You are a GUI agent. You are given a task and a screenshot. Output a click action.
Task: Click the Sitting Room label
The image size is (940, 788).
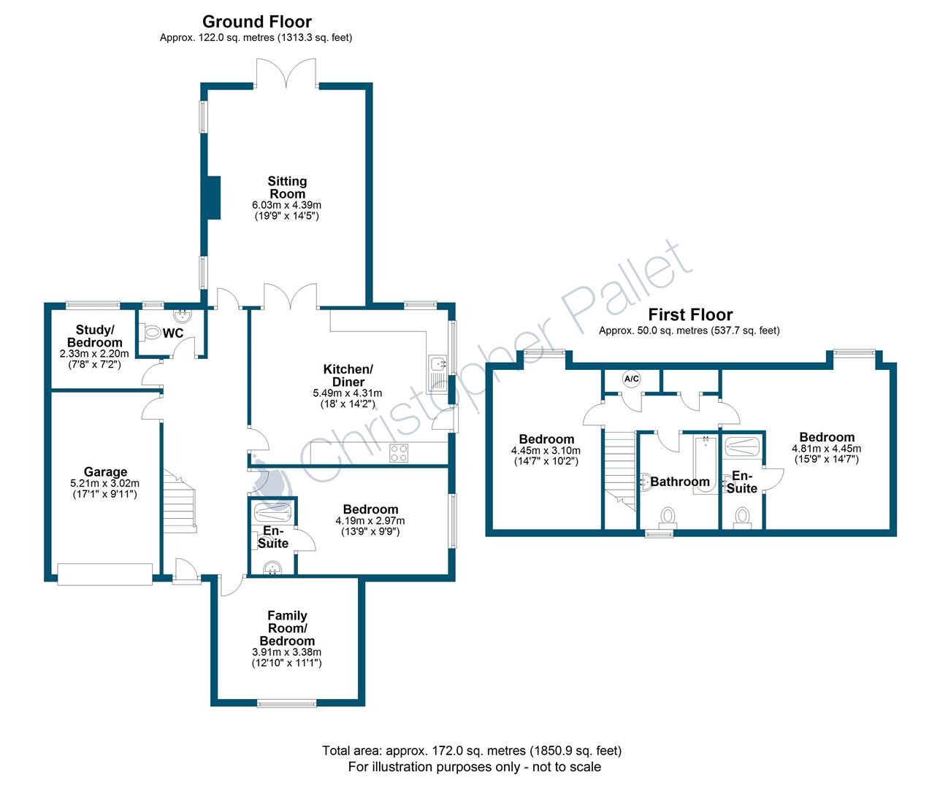(287, 188)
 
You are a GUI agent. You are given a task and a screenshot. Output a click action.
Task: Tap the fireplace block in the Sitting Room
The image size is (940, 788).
(212, 197)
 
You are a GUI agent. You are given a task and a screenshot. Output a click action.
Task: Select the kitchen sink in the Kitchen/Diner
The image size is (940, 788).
(438, 363)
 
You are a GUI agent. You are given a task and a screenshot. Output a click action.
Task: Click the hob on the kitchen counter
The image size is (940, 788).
(399, 452)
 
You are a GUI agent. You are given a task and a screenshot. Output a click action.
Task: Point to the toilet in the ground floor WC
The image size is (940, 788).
(151, 332)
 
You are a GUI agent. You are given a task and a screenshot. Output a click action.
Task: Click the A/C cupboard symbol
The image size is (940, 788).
(631, 379)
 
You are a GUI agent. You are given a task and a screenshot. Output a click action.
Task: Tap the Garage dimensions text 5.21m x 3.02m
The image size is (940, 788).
(104, 483)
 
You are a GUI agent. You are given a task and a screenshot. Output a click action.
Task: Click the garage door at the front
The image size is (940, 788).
(105, 573)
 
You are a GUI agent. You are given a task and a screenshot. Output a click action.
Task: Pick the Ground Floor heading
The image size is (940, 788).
(256, 22)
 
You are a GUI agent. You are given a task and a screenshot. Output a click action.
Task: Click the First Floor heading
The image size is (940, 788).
(690, 314)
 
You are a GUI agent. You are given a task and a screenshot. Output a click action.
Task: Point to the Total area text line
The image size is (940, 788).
(472, 750)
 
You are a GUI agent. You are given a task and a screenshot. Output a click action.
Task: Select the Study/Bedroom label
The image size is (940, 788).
(94, 336)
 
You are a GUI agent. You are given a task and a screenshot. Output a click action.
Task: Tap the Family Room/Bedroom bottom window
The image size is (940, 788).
(286, 703)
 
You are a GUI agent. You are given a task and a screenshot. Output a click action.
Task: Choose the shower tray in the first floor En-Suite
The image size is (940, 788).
(742, 446)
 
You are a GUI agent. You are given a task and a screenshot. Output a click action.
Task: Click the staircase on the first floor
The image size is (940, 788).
(619, 467)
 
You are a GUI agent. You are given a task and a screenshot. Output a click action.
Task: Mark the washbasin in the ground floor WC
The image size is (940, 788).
(182, 317)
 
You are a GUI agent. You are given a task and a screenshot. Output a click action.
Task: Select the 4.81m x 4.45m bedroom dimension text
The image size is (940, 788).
(826, 449)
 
